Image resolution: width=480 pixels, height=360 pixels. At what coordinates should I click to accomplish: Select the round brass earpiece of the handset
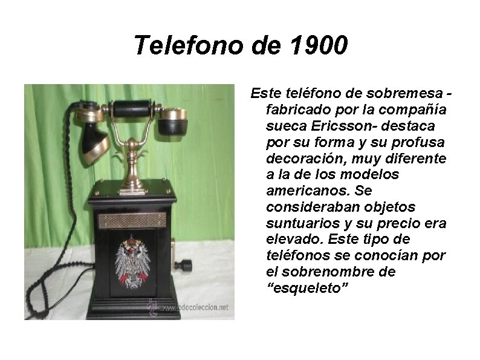[x=173, y=121]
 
